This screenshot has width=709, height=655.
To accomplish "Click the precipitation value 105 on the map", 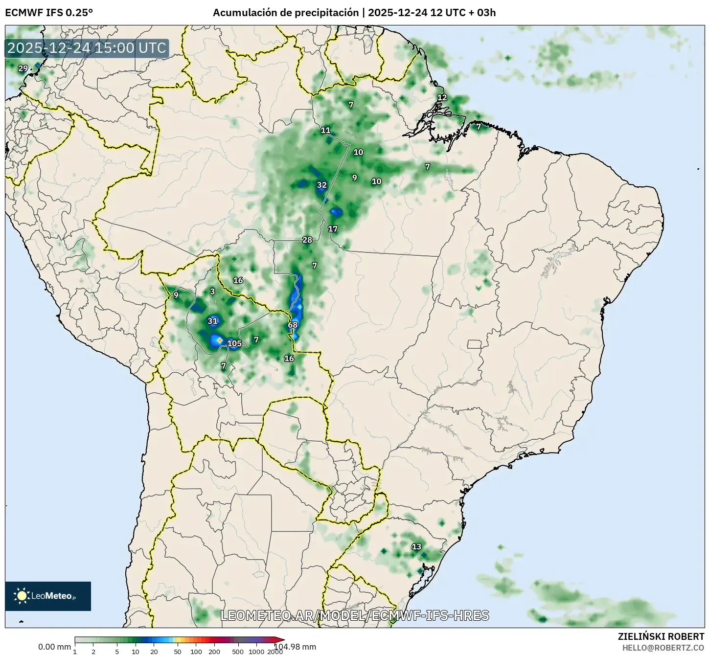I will (234, 343).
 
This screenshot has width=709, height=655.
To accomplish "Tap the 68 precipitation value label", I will (293, 325).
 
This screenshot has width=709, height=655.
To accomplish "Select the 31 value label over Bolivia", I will (212, 321).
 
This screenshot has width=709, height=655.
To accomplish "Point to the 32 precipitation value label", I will (321, 185).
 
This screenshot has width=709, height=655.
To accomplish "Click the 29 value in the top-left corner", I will (23, 68).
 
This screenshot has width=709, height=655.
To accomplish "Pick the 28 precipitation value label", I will (307, 240).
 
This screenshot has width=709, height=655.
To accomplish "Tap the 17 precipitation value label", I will (333, 229).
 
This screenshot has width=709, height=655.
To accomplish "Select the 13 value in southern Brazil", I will (416, 546).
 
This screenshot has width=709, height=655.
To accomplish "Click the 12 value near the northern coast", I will (442, 97).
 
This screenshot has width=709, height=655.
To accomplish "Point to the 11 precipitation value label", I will (325, 130).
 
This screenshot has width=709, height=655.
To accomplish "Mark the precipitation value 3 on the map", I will (212, 292).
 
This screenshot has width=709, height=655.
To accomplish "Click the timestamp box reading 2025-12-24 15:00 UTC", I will (87, 48).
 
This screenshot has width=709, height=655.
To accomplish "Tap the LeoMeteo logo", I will (48, 596).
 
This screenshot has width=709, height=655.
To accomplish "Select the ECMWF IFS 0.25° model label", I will (49, 13).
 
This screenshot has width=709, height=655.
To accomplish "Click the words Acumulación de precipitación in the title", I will (286, 13).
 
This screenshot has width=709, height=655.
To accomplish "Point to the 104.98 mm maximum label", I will (295, 647).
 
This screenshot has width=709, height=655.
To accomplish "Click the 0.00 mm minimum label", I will (54, 647).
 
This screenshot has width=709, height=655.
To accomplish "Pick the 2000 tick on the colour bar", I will (274, 652).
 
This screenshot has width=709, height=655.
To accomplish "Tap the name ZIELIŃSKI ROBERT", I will (661, 636).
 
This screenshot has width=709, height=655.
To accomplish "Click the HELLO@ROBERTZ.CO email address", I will (663, 647).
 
